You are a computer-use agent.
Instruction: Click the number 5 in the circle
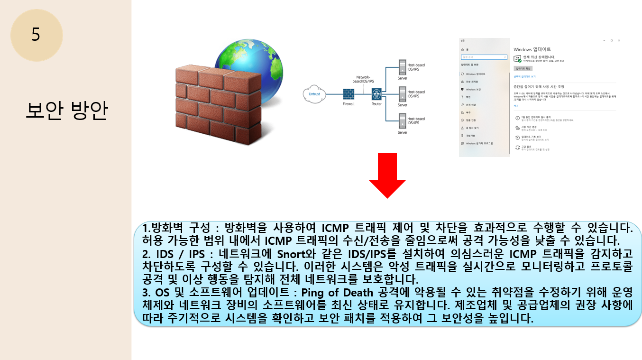36,35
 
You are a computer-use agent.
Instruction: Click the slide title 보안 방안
66,111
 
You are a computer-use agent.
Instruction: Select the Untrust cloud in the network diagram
314,93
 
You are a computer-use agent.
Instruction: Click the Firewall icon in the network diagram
349,93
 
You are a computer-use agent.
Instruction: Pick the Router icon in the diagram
376,93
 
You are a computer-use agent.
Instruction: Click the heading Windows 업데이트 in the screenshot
532,49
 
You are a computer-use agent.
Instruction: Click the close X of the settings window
619,41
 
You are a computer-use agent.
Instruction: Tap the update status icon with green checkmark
518,59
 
